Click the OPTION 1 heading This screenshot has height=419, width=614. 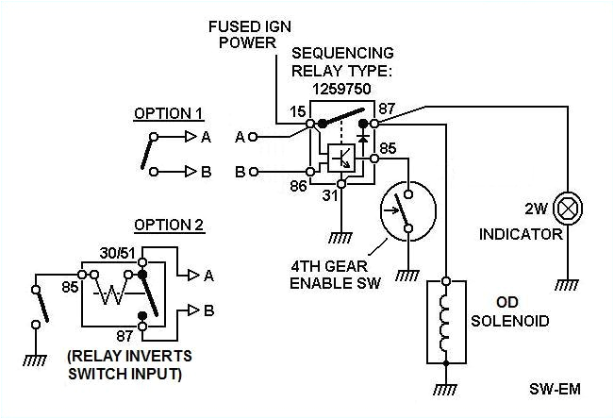(x=168, y=114)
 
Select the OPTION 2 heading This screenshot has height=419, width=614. (x=168, y=225)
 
